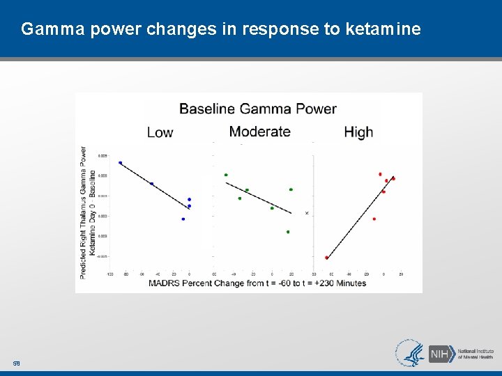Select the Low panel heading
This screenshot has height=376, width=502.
pos(160,132)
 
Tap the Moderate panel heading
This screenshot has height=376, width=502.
pos(259,132)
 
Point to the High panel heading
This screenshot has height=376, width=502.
pos(358,132)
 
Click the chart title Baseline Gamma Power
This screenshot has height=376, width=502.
pos(258,109)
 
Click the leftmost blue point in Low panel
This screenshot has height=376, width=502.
pos(120,163)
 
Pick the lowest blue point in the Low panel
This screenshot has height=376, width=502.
pos(183,219)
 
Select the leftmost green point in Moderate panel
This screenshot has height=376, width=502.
pos(226,175)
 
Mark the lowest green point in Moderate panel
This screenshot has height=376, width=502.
pos(288,232)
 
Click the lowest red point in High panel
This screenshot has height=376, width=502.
pos(326,258)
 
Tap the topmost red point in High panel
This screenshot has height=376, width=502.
pos(380,174)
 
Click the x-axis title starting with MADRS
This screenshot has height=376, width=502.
pos(257,283)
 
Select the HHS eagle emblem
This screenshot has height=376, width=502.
pos(410,352)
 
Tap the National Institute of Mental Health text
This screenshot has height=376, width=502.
pos(476,353)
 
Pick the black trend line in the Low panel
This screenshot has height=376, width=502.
pos(153,185)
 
